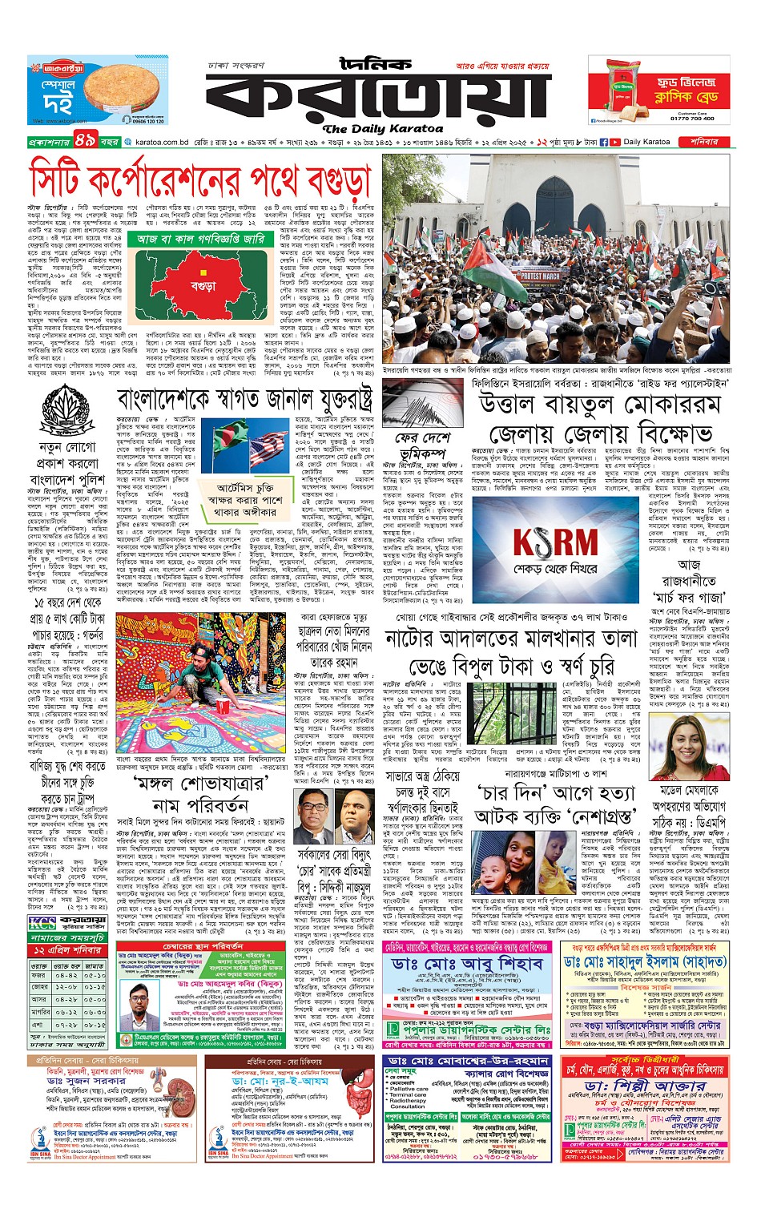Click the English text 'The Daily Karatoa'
pyautogui.click(x=383, y=128)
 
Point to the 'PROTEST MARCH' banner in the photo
pyautogui.click(x=541, y=276)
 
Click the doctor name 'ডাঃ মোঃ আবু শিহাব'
pyautogui.click(x=468, y=964)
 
